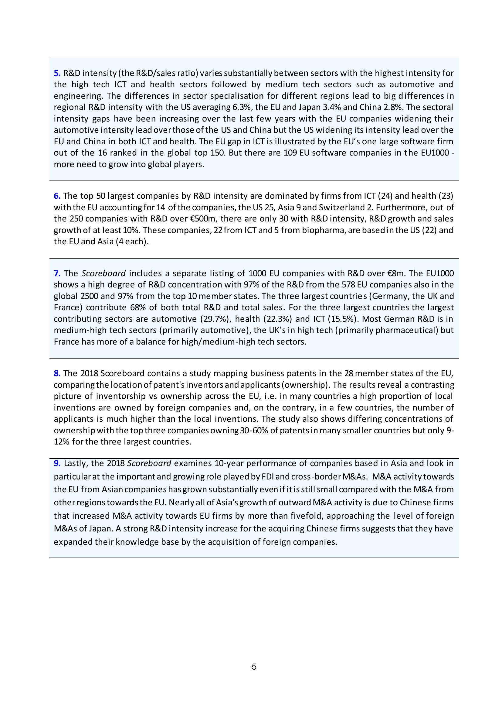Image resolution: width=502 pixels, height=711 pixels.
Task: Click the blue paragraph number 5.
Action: pos(57,74)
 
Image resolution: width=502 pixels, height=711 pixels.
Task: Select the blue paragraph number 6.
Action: pos(57,196)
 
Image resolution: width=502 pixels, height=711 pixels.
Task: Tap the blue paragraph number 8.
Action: pos(57,373)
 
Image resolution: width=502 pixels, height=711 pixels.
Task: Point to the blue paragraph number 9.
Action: pos(57,463)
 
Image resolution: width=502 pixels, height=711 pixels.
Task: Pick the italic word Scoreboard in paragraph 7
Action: pos(103,273)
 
